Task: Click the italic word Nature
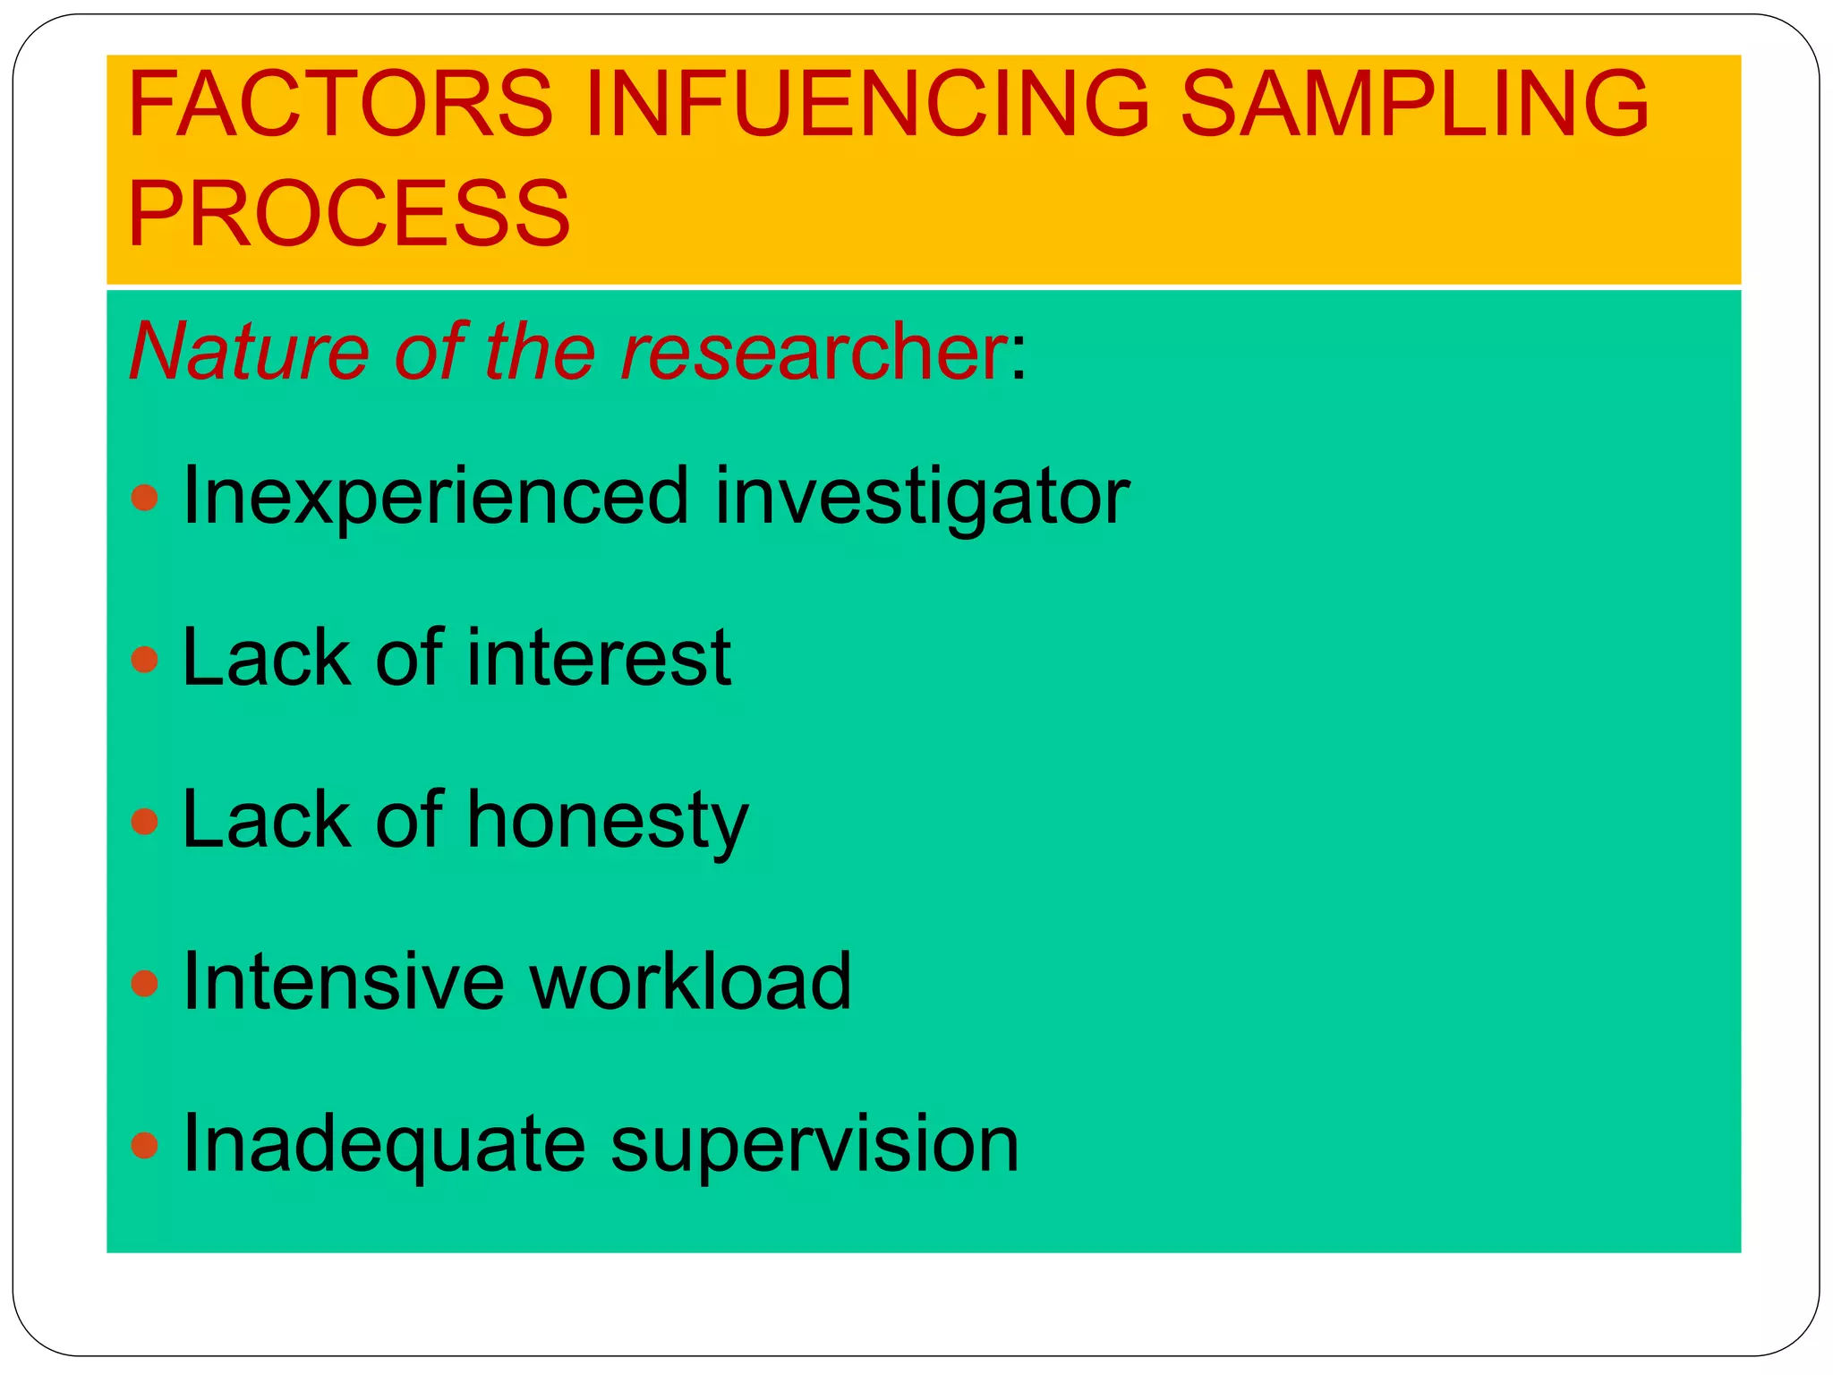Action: point(249,351)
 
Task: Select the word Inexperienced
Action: point(435,498)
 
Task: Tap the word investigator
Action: point(922,498)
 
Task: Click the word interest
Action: point(599,658)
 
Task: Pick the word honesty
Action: point(607,822)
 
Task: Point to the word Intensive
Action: point(342,982)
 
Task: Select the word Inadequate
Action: point(383,1146)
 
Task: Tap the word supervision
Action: point(814,1146)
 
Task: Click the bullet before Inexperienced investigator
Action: point(144,498)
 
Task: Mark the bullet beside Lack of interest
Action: point(144,660)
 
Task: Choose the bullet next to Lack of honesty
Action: point(144,821)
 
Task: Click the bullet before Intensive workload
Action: point(144,984)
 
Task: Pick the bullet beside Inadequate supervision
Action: point(144,1145)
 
